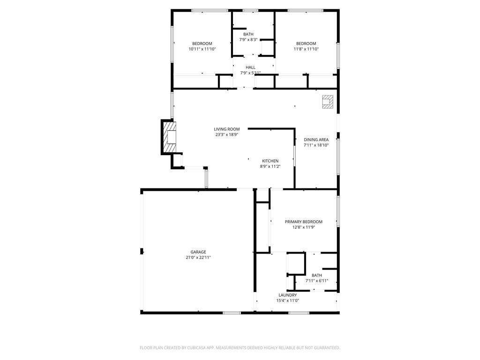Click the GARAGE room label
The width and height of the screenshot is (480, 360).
[x=198, y=252]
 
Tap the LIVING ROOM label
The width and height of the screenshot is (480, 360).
[x=227, y=129]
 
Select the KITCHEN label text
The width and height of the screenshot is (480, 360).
[x=270, y=161]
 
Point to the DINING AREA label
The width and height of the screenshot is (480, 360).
[x=316, y=140]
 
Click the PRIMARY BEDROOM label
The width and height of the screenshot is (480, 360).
[x=304, y=222]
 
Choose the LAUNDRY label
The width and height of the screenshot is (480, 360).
[x=288, y=295]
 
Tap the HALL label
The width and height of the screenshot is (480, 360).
[x=250, y=67]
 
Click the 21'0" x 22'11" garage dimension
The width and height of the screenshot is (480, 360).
[x=198, y=257]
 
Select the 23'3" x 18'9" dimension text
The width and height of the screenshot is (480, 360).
[x=227, y=135]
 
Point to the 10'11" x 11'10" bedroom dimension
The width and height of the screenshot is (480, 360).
[x=202, y=49]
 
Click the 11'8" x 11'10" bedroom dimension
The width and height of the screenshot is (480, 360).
[x=307, y=49]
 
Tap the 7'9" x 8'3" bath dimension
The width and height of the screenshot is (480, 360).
[x=248, y=40]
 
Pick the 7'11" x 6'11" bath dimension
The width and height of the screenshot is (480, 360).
[x=317, y=281]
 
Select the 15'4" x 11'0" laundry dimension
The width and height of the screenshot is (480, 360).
[x=288, y=300]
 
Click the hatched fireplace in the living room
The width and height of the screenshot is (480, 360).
[x=169, y=137]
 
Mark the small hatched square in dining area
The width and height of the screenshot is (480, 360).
[x=328, y=102]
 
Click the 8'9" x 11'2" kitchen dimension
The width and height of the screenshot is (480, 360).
[x=270, y=166]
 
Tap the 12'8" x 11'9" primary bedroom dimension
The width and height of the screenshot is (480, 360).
[x=304, y=227]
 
